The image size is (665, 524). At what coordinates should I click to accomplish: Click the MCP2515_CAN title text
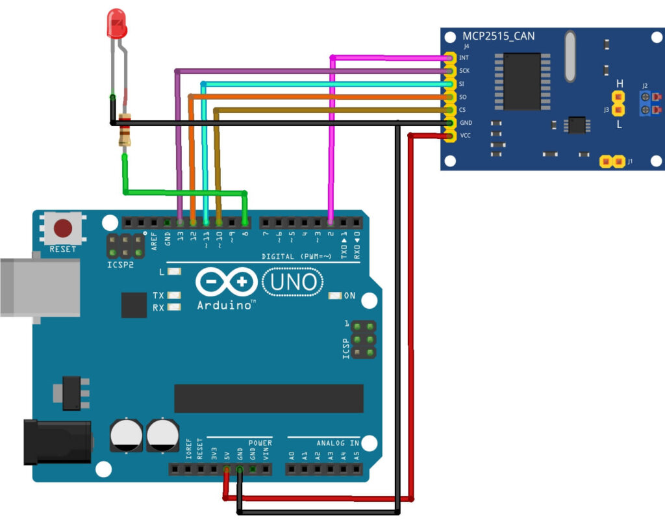(x=499, y=36)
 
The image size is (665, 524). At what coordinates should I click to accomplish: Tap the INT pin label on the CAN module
(x=464, y=58)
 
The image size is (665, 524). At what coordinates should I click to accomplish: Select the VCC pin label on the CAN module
(x=464, y=136)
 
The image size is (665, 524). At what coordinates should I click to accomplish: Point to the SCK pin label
(x=464, y=71)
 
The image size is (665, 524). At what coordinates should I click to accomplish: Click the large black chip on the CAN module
(x=521, y=81)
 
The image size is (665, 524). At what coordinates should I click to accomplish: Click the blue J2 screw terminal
(x=646, y=104)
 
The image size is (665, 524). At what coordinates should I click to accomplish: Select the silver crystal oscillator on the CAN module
(x=570, y=57)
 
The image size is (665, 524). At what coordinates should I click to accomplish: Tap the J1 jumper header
(x=611, y=161)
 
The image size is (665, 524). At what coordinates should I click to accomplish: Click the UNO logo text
(x=293, y=282)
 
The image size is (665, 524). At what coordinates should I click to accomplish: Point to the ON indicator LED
(x=335, y=296)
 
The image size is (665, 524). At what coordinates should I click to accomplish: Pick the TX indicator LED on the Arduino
(x=173, y=295)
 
